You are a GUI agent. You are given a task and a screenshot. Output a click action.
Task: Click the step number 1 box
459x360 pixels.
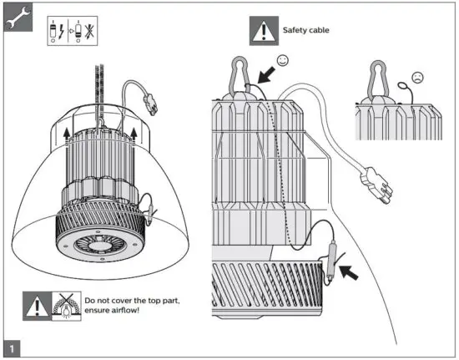tap(13, 345)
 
